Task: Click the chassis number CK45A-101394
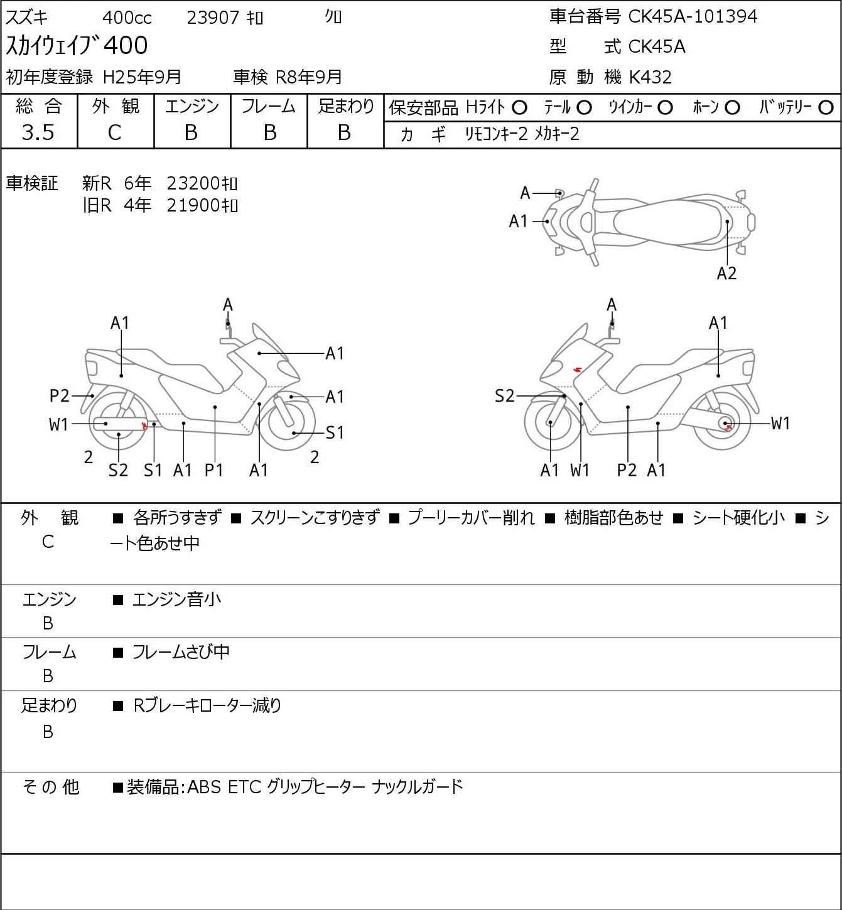coord(693,16)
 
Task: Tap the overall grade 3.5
coord(38,132)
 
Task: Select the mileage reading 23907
coord(213,18)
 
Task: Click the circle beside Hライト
coord(519,108)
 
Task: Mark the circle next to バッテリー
coord(826,107)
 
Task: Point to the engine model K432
coord(650,77)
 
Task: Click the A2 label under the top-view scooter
coord(726,273)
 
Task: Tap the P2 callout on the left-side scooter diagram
coord(59,395)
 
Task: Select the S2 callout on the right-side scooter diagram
coord(504,395)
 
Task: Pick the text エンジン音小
coord(176,599)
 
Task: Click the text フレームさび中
coord(181,651)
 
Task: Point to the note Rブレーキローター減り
coord(207,705)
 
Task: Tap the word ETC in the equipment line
coord(244,787)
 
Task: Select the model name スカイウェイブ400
coord(77,46)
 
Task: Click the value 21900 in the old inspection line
coord(193,205)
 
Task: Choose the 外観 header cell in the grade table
coord(116,106)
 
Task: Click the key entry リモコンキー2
coord(496,134)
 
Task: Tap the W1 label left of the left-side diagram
coord(58,424)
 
